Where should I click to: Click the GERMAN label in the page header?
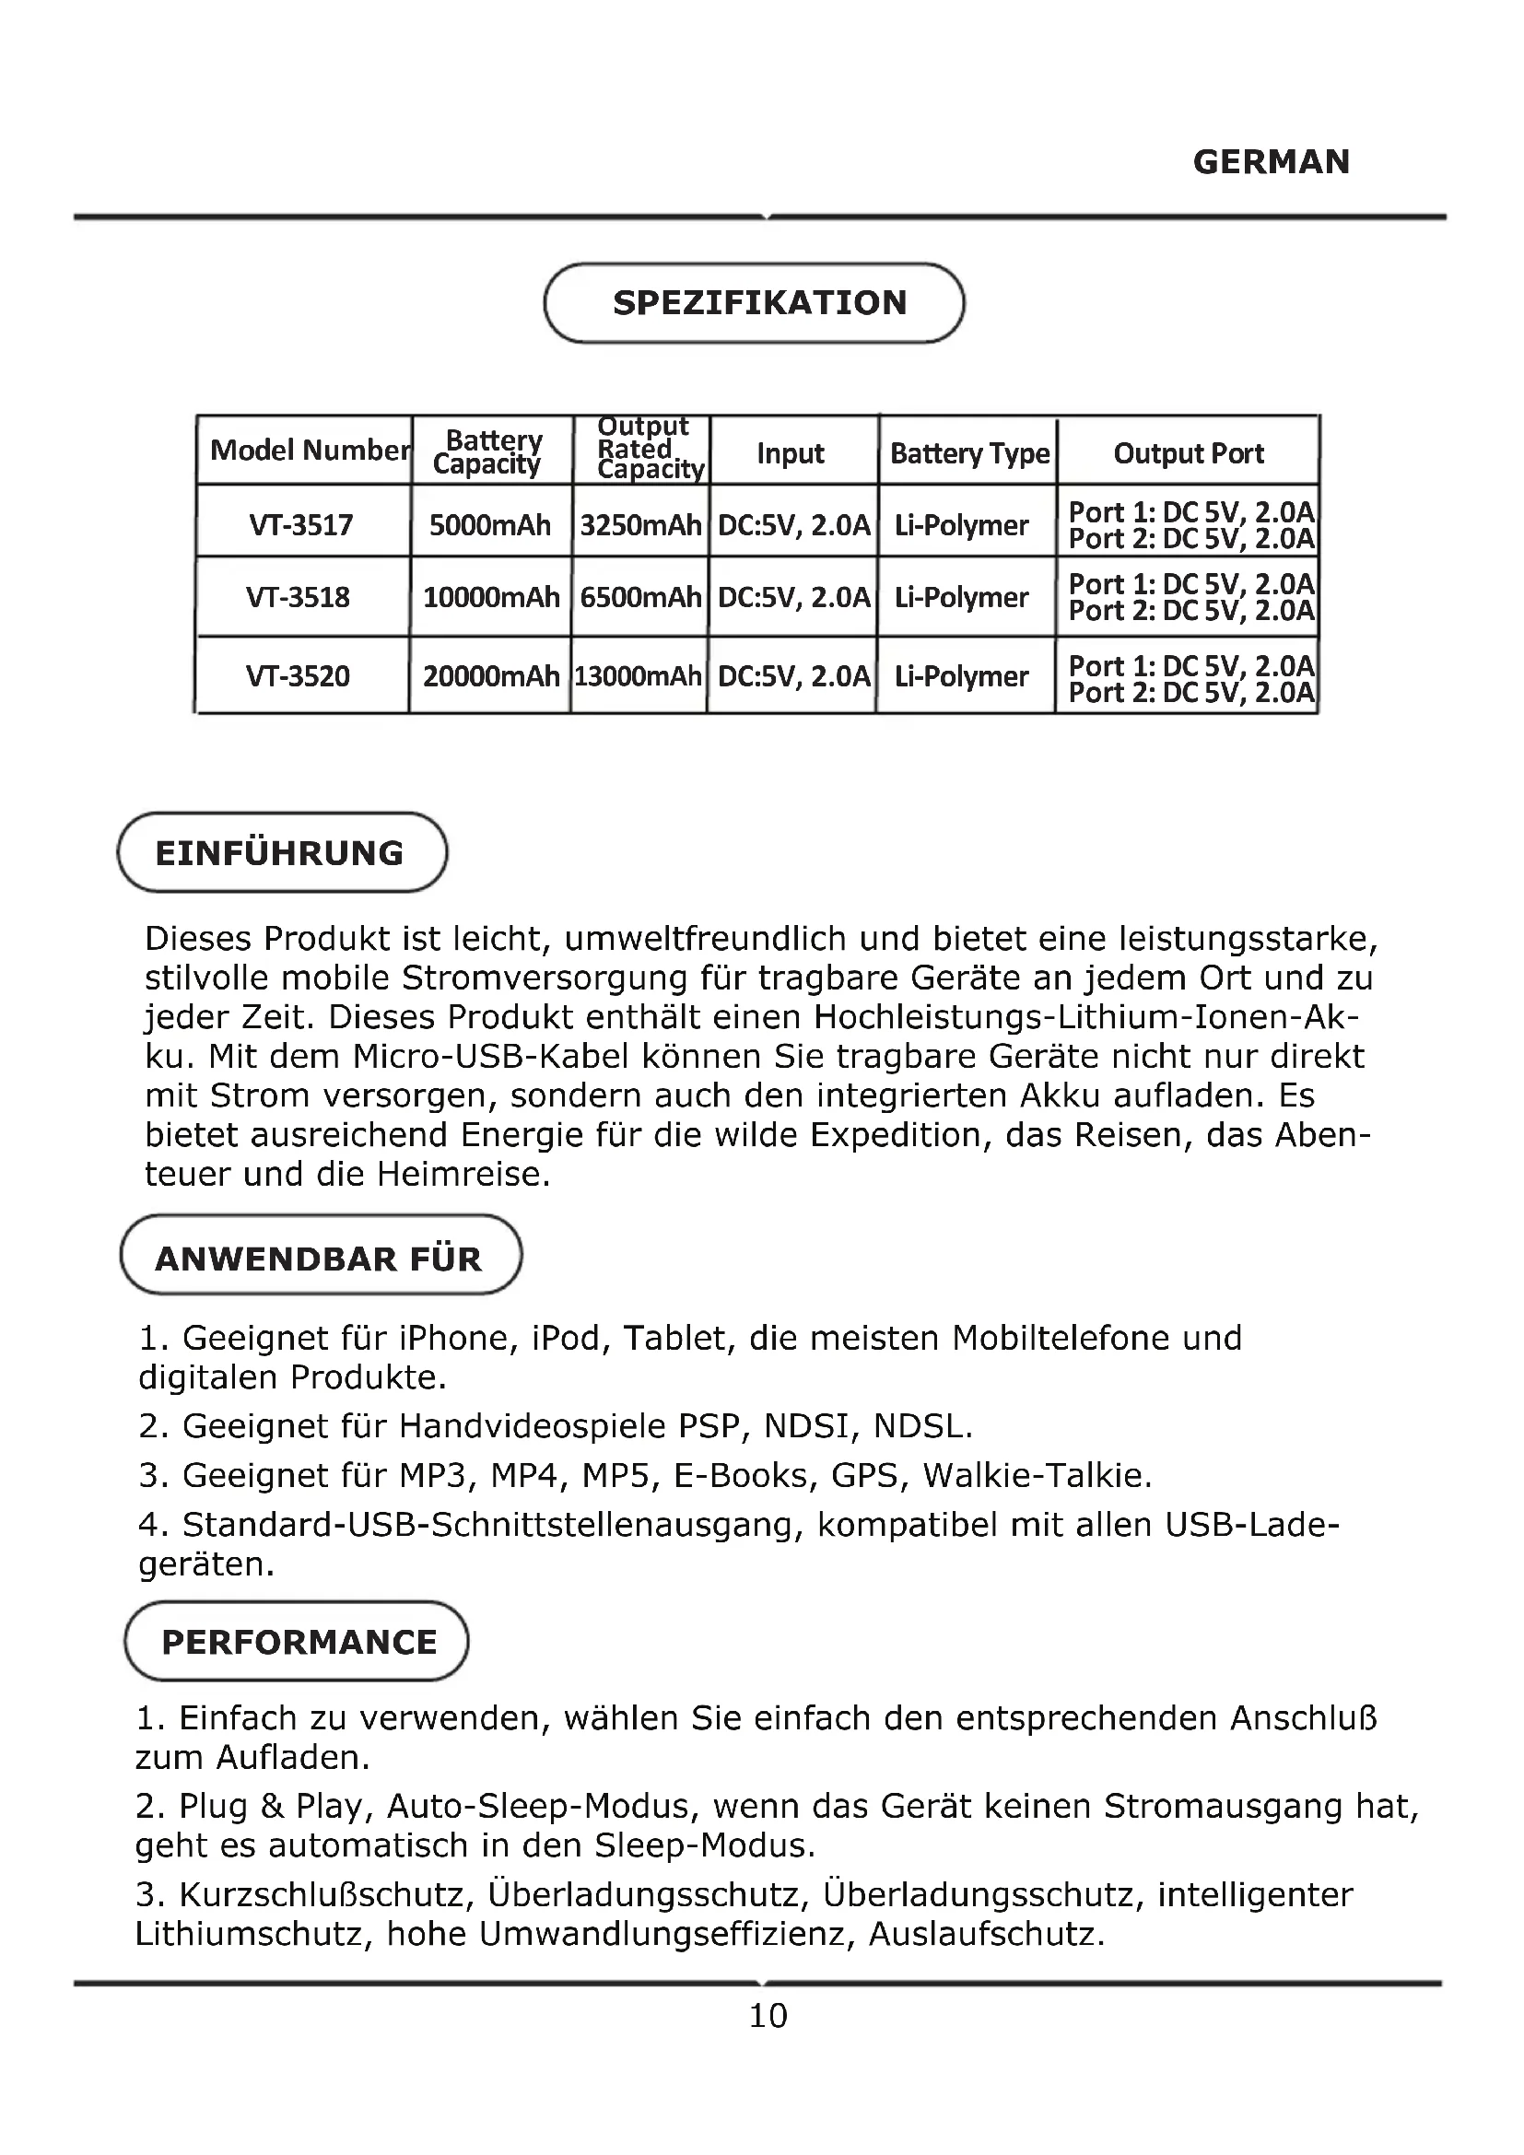pos(1271,162)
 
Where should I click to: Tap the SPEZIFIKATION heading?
pos(759,303)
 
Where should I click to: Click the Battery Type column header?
pos(969,453)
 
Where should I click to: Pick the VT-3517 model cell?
pos(301,524)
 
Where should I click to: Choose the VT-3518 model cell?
pos(298,597)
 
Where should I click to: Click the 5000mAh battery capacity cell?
pos(490,524)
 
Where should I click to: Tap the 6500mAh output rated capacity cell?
pos(640,597)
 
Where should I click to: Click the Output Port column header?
pos(1188,453)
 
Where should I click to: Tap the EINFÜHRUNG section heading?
pos(280,853)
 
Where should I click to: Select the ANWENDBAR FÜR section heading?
pos(318,1259)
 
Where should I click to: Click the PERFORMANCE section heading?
pos(299,1643)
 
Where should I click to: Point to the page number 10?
pos(768,2016)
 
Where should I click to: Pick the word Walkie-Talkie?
pos(1036,1475)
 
